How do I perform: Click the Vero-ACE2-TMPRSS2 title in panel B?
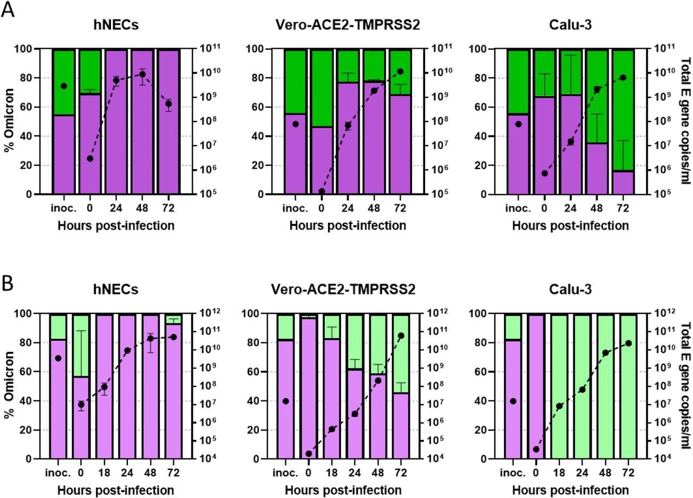coord(343,290)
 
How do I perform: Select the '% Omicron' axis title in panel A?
coord(9,121)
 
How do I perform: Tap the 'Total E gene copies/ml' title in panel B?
coord(685,386)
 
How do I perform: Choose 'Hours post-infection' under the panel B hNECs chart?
coord(116,490)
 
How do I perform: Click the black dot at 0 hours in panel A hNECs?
coord(90,159)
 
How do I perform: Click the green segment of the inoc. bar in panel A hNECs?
coord(64,81)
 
